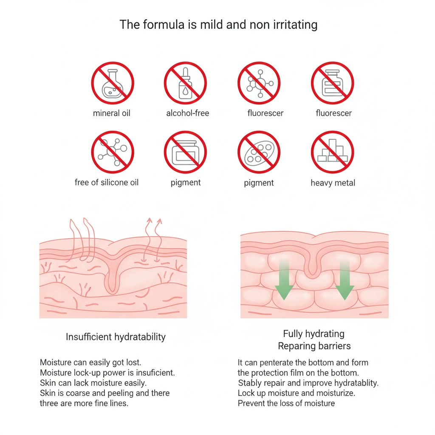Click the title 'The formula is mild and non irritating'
tap(218, 24)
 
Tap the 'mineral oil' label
tap(112, 113)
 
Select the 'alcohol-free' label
tap(187, 113)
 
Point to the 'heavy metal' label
tap(333, 183)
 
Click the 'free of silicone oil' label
tap(107, 183)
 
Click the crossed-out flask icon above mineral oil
tap(113, 83)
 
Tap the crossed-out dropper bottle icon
tap(185, 83)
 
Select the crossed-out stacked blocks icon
tap(332, 153)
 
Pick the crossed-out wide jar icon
tap(185, 153)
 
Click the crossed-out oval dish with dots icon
tap(259, 153)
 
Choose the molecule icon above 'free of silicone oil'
tap(113, 153)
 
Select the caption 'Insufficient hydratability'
tap(116, 337)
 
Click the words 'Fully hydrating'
tap(314, 334)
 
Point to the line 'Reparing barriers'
tap(314, 346)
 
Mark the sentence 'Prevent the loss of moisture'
tap(286, 403)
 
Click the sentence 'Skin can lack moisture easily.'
tap(93, 383)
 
